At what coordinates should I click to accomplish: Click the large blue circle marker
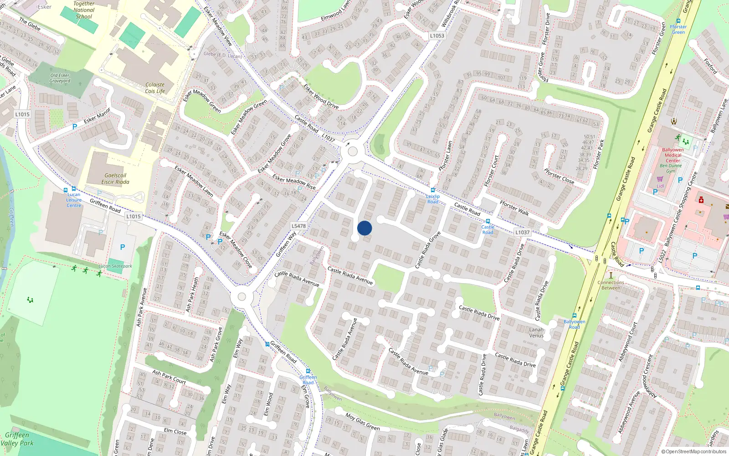click(x=364, y=228)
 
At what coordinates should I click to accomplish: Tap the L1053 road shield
click(x=436, y=36)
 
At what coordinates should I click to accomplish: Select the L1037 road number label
click(x=523, y=232)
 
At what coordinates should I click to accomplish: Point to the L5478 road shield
click(x=298, y=226)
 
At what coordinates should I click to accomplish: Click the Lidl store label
click(x=660, y=186)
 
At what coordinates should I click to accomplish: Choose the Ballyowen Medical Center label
click(x=673, y=155)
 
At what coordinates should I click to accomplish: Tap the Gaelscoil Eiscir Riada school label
click(x=115, y=178)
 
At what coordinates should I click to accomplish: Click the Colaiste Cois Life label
click(x=155, y=88)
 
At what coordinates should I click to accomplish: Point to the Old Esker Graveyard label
click(x=60, y=78)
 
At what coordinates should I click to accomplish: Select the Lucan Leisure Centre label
click(x=74, y=200)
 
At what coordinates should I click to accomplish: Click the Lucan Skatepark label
click(x=115, y=266)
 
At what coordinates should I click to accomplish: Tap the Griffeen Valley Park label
click(x=17, y=439)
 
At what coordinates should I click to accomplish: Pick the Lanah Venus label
click(x=536, y=332)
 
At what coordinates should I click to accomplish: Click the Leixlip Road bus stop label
click(x=433, y=199)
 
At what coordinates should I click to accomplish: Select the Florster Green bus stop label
click(x=678, y=29)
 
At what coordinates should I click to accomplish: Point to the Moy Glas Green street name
click(x=362, y=421)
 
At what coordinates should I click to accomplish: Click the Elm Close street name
click(x=175, y=431)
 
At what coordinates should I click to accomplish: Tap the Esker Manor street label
click(x=97, y=116)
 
